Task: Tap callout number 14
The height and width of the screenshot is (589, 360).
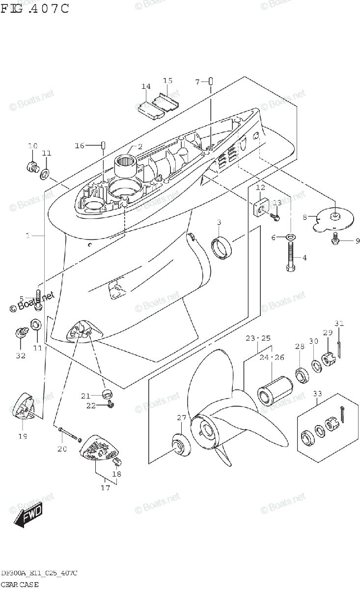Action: [x=146, y=87]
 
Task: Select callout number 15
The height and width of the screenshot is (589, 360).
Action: [x=167, y=80]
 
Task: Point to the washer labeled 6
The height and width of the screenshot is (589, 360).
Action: [x=291, y=238]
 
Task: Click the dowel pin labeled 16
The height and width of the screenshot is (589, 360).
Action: [x=104, y=145]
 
